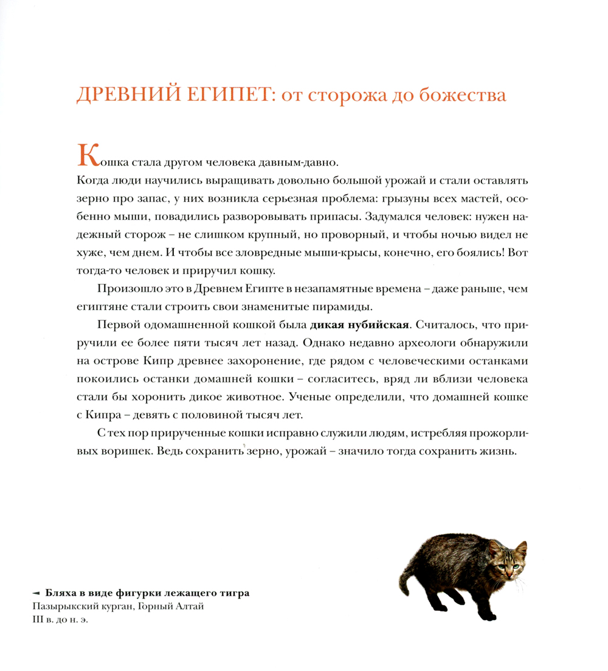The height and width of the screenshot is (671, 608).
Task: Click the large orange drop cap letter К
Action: [x=88, y=156]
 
